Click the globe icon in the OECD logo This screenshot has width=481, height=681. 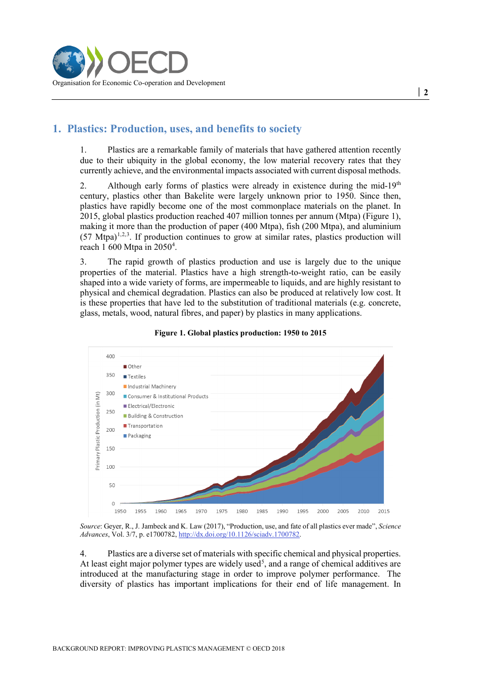tap(69, 62)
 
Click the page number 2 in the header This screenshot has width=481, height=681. tap(426, 92)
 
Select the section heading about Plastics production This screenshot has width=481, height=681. tap(177, 129)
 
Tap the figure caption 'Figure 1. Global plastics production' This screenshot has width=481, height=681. tap(240, 333)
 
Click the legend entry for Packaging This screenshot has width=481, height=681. tap(139, 436)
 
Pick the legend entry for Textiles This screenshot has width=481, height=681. tap(136, 376)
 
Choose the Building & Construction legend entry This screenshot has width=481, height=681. tap(155, 416)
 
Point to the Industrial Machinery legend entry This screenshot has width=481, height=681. tap(151, 387)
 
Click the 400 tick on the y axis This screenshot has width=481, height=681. tap(110, 356)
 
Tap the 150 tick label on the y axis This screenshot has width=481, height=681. tap(110, 448)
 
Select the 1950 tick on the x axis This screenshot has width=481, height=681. tap(121, 511)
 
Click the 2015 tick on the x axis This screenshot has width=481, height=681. tap(384, 511)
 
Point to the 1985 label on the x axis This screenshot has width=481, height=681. tap(262, 511)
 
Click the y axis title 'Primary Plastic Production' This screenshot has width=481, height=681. tap(98, 431)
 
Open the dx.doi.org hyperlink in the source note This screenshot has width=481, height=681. tap(239, 535)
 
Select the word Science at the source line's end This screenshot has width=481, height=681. tap(390, 526)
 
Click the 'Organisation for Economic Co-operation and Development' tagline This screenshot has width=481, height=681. tap(139, 83)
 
